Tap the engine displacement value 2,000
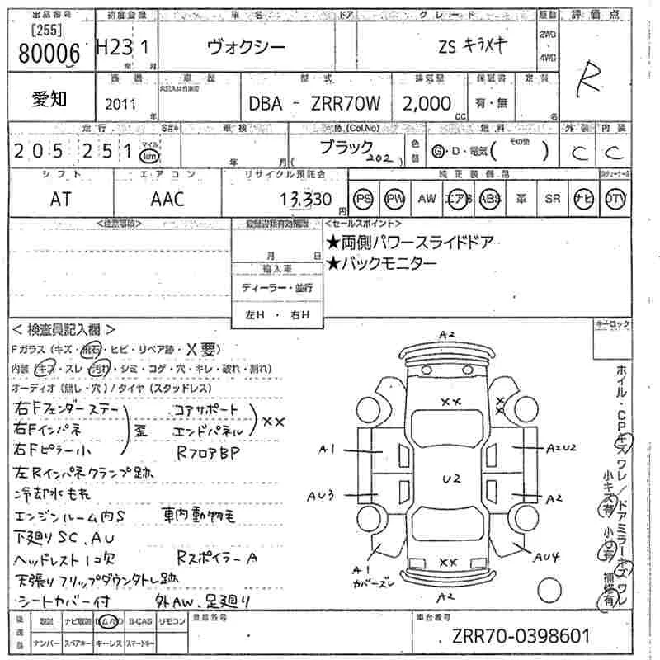click(x=427, y=104)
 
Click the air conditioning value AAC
click(x=167, y=199)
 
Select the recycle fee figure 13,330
click(x=304, y=199)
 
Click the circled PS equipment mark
click(x=364, y=199)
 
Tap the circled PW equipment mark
click(x=396, y=199)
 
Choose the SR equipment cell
click(x=553, y=199)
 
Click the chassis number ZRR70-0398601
click(x=521, y=638)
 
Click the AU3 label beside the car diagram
click(x=319, y=496)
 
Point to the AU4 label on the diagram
click(x=546, y=558)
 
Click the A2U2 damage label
click(x=561, y=446)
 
